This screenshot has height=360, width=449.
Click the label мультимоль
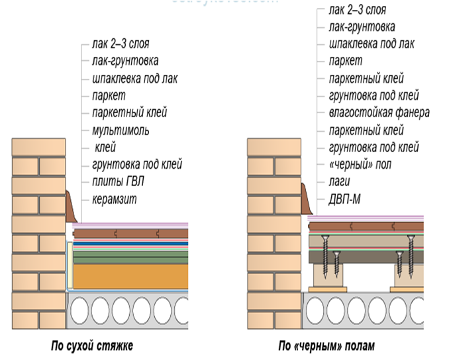121,130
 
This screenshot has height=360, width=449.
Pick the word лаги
340,181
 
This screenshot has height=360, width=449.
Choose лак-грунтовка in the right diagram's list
362,28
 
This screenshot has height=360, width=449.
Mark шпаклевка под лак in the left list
135,79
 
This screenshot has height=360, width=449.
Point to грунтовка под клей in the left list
137,164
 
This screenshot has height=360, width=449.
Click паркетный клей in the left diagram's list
130,113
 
